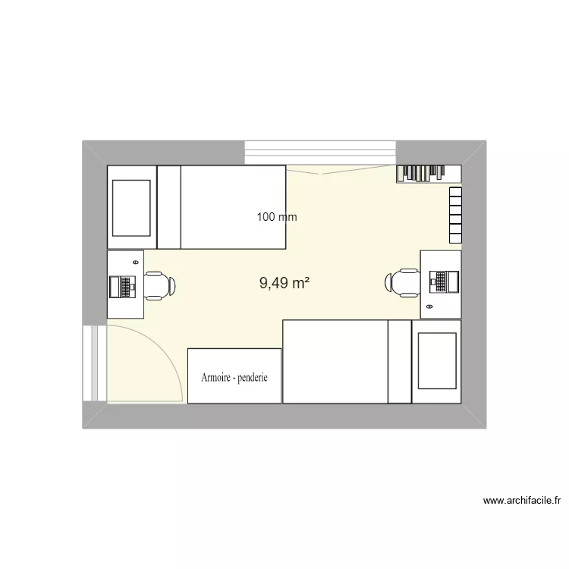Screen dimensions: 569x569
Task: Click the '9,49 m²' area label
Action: pyautogui.click(x=284, y=284)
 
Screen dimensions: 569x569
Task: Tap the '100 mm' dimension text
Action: pyautogui.click(x=277, y=217)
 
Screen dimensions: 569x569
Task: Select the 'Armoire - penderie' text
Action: pyautogui.click(x=234, y=377)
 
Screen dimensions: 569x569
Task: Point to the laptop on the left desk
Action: pyautogui.click(x=122, y=286)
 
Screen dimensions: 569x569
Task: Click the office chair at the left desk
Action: pyautogui.click(x=159, y=285)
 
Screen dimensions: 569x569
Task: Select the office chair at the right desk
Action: pyautogui.click(x=401, y=282)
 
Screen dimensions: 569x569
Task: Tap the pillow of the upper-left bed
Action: pyautogui.click(x=168, y=207)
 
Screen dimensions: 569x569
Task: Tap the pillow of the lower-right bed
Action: pyautogui.click(x=400, y=361)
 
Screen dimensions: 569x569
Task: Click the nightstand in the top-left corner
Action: pyautogui.click(x=132, y=207)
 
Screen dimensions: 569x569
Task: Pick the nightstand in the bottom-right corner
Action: pyautogui.click(x=436, y=361)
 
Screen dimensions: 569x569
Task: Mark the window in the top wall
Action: pyautogui.click(x=321, y=152)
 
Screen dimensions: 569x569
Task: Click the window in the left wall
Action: pyautogui.click(x=95, y=364)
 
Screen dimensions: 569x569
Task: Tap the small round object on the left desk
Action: pyautogui.click(x=135, y=262)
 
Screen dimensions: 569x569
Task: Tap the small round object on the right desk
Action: pyautogui.click(x=429, y=307)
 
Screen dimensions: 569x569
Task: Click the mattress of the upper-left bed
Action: pyautogui.click(x=233, y=207)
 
